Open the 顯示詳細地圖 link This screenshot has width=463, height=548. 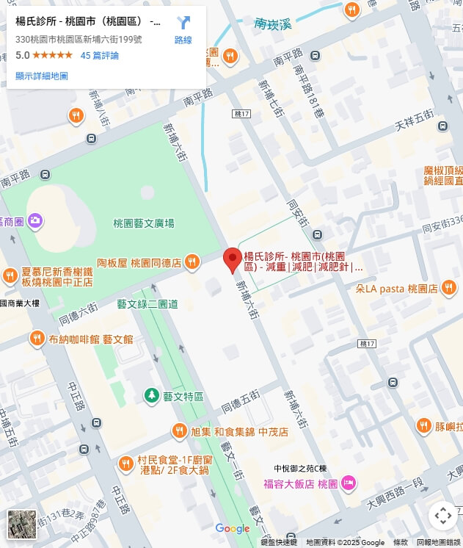tap(42, 76)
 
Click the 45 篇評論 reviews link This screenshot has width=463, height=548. tap(99, 55)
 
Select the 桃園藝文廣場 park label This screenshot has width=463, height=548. tap(144, 223)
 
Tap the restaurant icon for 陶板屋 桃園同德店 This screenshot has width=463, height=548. tap(192, 262)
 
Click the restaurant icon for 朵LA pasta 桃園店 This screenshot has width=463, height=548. tap(449, 289)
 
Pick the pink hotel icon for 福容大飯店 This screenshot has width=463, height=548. tap(349, 483)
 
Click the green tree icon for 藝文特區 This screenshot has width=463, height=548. tap(152, 395)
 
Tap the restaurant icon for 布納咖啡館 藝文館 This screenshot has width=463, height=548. tap(37, 338)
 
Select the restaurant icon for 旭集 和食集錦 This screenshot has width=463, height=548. tap(180, 431)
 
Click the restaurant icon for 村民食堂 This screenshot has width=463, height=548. tap(126, 464)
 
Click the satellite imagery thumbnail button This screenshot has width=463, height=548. tap(22, 524)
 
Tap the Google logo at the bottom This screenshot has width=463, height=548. tap(233, 529)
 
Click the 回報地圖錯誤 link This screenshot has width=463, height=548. tap(438, 542)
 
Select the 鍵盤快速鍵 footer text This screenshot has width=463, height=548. tap(279, 542)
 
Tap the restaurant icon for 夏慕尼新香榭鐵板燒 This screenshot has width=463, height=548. tap(10, 275)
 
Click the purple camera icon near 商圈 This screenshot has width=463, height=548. tap(35, 220)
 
